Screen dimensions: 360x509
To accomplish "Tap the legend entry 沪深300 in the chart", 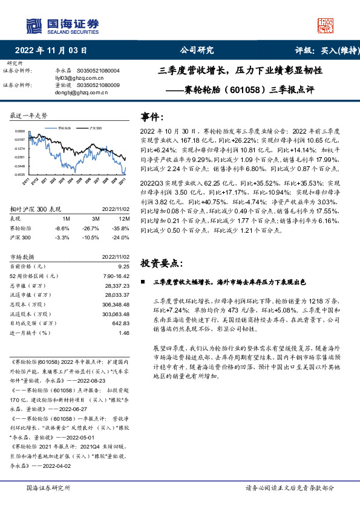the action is click(95, 129).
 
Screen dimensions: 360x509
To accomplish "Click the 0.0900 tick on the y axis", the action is click(19, 131).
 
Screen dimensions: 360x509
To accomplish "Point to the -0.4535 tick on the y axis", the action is click(19, 174).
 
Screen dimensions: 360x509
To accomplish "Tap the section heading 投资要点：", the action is click(162, 263).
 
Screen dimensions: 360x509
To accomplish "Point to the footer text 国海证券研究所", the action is click(49, 487).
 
